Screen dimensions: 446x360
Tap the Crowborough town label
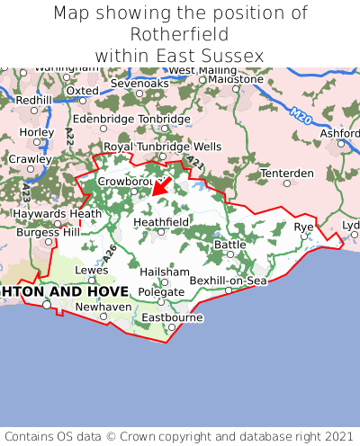(x=128, y=181)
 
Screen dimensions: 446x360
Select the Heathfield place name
(x=161, y=221)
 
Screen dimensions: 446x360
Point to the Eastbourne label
(x=172, y=317)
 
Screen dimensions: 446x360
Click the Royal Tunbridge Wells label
(x=162, y=146)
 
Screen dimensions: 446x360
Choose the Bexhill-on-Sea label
(x=229, y=281)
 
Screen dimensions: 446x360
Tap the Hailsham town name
(x=164, y=272)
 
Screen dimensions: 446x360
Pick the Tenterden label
(x=287, y=173)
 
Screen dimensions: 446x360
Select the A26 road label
(x=110, y=254)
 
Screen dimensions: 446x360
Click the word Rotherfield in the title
(x=180, y=34)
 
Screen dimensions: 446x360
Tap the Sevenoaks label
(x=139, y=83)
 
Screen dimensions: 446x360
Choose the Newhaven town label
(x=103, y=306)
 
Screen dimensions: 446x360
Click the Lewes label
(x=91, y=269)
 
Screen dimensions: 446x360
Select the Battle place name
(x=229, y=244)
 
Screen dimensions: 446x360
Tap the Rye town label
(x=304, y=227)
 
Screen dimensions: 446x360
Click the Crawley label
(x=30, y=158)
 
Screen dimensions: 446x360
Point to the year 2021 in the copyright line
(x=333, y=433)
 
